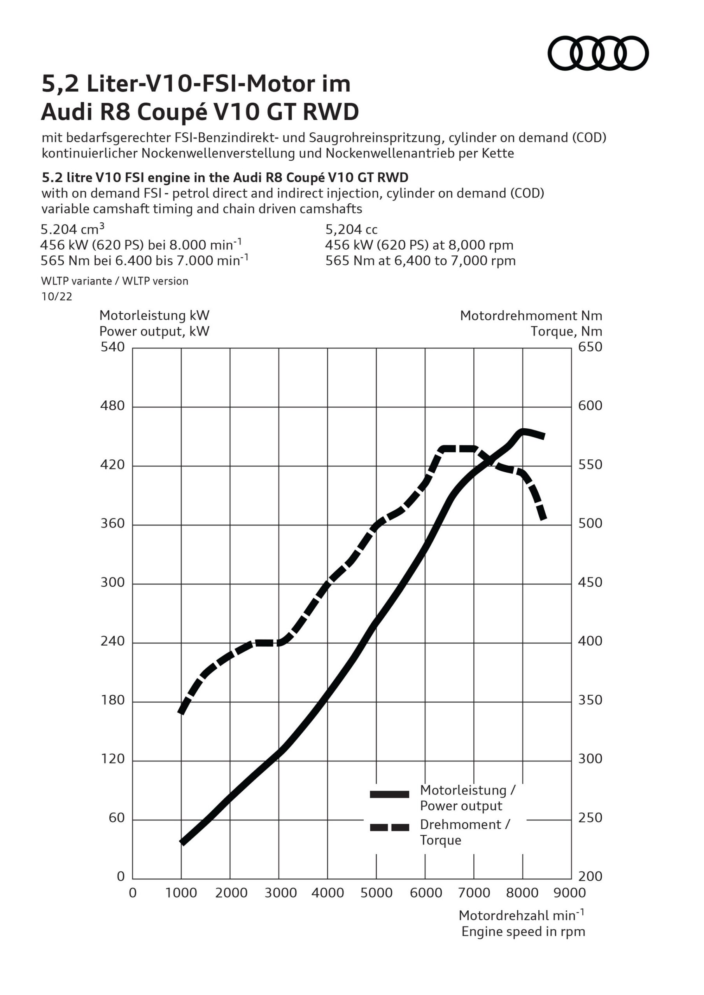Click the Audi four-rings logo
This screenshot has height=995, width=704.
click(598, 53)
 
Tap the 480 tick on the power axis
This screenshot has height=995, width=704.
click(112, 406)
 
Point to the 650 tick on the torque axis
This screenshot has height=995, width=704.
click(590, 347)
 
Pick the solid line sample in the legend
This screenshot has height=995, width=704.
click(389, 794)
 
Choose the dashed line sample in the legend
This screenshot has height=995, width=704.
click(389, 827)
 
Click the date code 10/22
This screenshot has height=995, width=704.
click(57, 297)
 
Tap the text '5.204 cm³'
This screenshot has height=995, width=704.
click(72, 229)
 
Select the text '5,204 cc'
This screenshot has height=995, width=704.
click(351, 229)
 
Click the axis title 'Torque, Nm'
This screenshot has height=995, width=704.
click(566, 332)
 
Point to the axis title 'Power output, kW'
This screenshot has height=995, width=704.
click(154, 332)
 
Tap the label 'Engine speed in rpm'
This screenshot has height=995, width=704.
click(523, 931)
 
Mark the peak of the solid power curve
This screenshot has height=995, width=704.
click(523, 431)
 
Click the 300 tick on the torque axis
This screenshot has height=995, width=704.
click(590, 759)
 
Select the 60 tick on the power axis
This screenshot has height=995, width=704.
click(117, 818)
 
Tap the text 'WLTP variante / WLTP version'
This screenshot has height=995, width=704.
click(114, 281)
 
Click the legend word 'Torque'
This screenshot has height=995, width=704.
click(440, 840)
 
